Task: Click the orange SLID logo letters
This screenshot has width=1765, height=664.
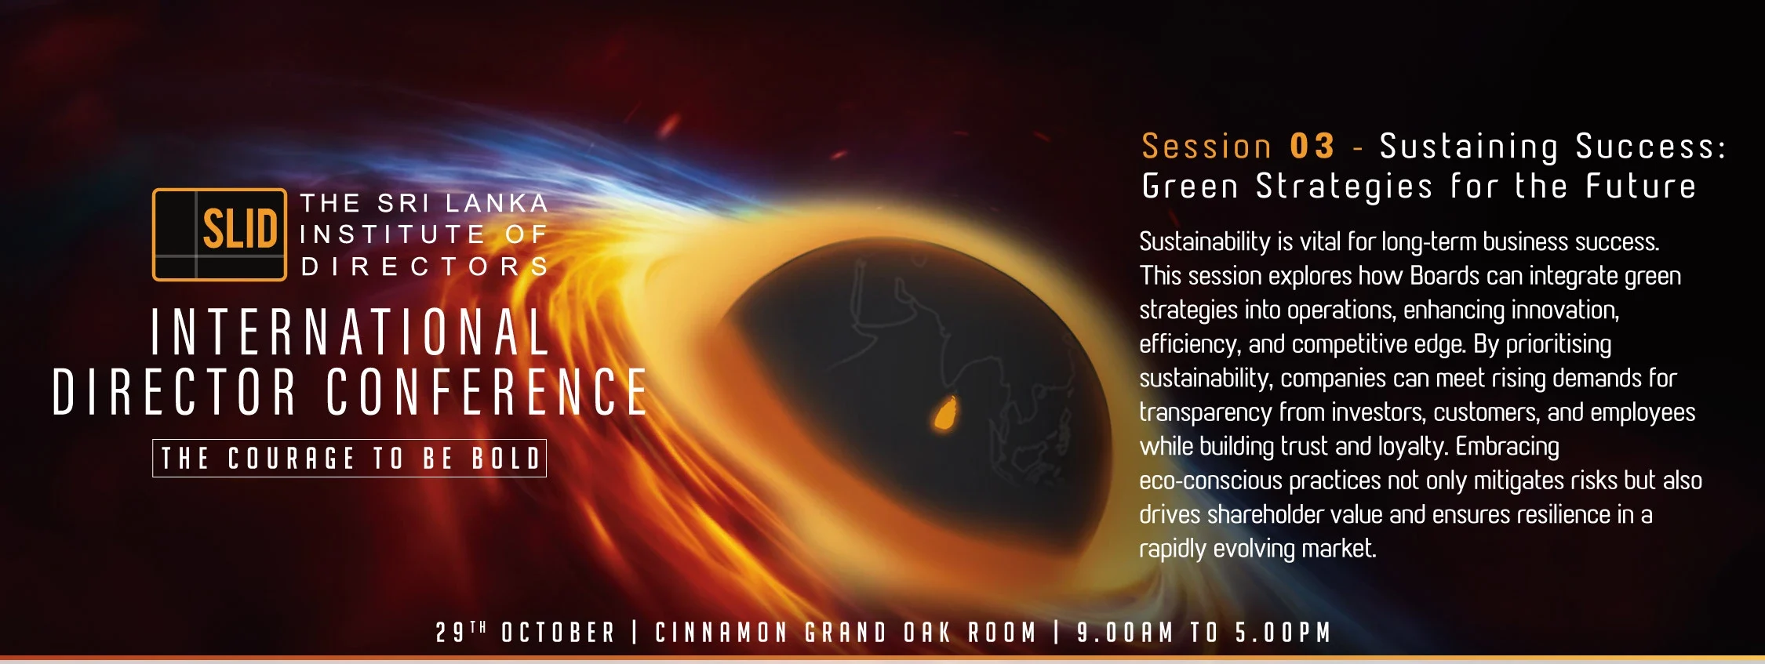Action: click(x=240, y=229)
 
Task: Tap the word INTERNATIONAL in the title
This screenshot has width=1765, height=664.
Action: click(x=350, y=332)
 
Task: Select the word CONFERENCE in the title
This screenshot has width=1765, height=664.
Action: click(x=486, y=391)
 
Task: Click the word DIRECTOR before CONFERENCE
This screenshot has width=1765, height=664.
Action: click(x=174, y=391)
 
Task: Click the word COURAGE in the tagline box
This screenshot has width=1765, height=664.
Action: click(x=291, y=459)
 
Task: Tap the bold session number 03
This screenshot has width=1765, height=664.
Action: click(x=1312, y=147)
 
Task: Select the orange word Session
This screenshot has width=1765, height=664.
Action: click(x=1206, y=147)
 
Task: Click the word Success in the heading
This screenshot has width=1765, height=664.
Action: click(x=1650, y=147)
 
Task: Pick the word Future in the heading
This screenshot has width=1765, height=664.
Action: click(x=1640, y=187)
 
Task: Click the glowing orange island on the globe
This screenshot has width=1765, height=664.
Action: click(x=945, y=413)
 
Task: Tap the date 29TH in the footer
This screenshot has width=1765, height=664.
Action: click(x=461, y=632)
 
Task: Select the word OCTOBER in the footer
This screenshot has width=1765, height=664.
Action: click(x=559, y=633)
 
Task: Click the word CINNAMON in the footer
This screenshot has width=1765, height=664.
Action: click(x=721, y=633)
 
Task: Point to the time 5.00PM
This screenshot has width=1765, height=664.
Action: click(x=1283, y=633)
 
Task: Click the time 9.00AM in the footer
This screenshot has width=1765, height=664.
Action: click(x=1125, y=633)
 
